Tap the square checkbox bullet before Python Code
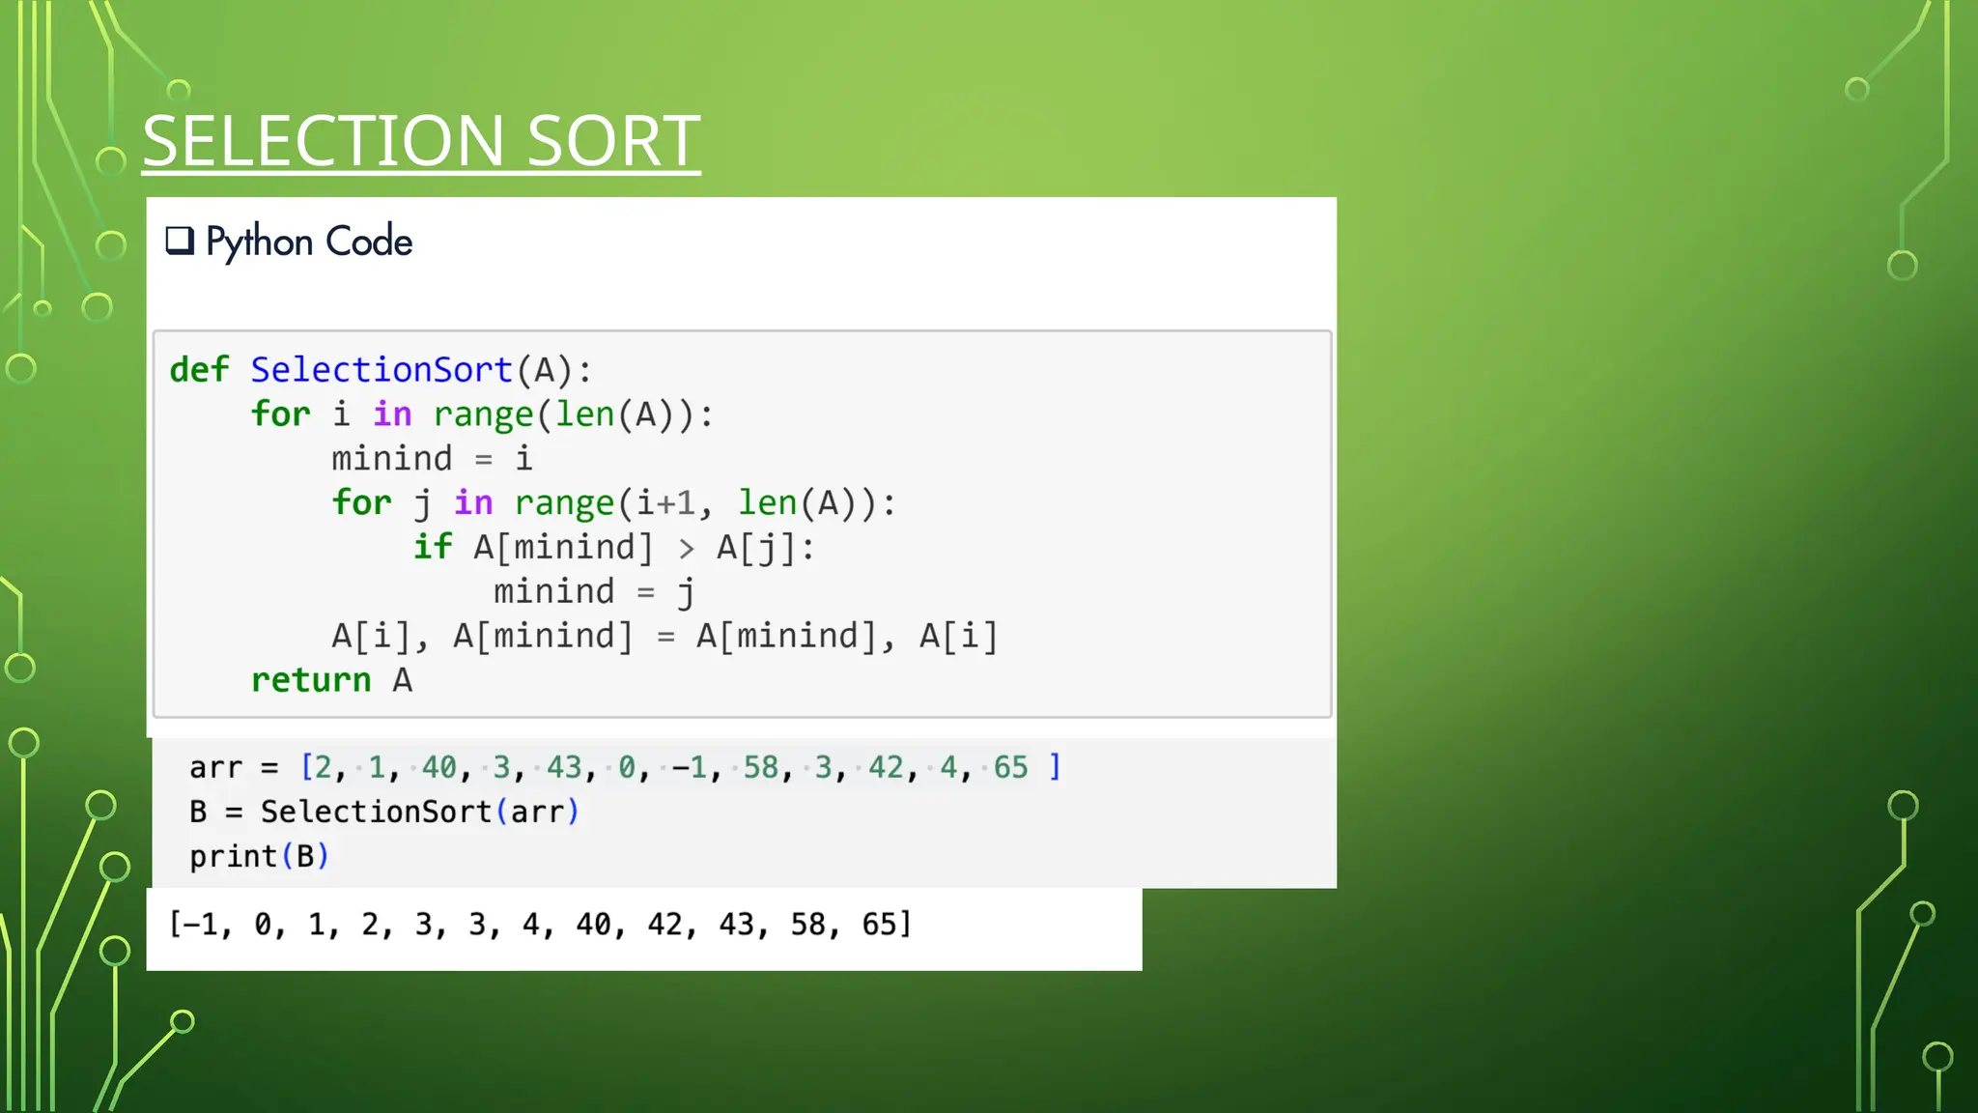[x=180, y=240]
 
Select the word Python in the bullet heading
[x=259, y=242]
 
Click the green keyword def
[x=199, y=370]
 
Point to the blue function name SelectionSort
[x=381, y=370]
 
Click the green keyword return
[x=311, y=680]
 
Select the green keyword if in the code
[x=433, y=547]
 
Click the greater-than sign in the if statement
[x=686, y=549]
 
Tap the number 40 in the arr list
[x=438, y=767]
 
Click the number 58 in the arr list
[x=760, y=767]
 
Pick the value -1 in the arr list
[x=689, y=767]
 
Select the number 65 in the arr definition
[x=1010, y=767]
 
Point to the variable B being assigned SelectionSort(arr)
[x=198, y=812]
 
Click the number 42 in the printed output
[x=664, y=925]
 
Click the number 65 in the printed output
[x=879, y=925]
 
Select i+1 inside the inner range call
[x=665, y=503]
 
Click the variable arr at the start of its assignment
[x=215, y=767]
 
